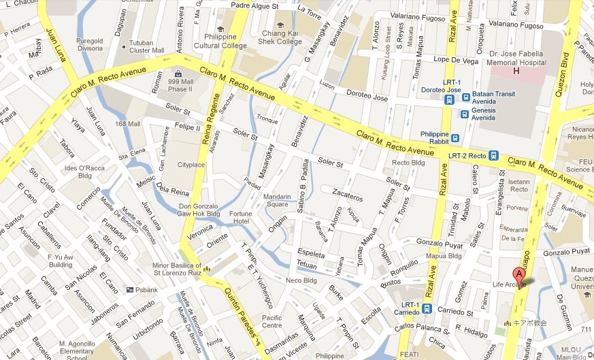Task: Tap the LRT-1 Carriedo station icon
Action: tap(427, 308)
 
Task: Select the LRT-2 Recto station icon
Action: tap(493, 156)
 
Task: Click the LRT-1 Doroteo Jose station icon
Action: tap(448, 99)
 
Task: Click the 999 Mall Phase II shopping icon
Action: tap(178, 73)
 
